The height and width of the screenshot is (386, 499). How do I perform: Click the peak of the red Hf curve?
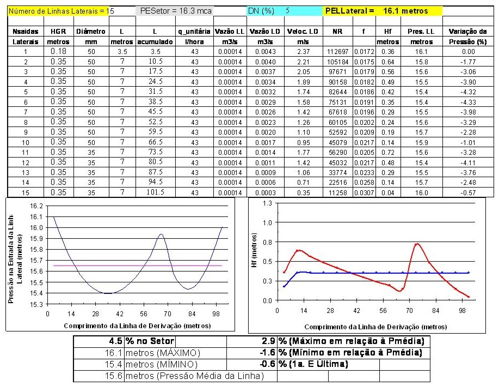[418, 244]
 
